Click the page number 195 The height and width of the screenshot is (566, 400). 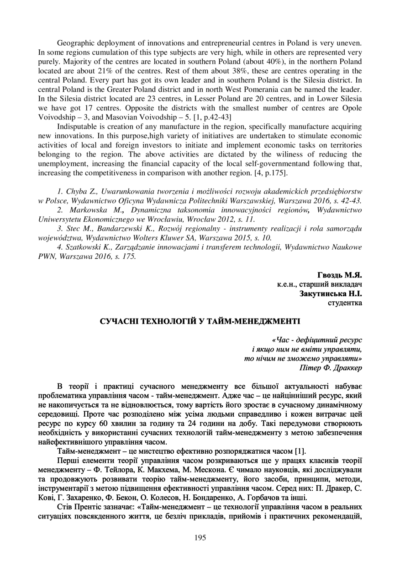pos(200,537)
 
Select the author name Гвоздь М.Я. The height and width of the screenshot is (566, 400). pos(339,275)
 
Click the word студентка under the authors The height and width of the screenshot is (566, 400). pos(345,302)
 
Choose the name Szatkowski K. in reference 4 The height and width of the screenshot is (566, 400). pos(91,247)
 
